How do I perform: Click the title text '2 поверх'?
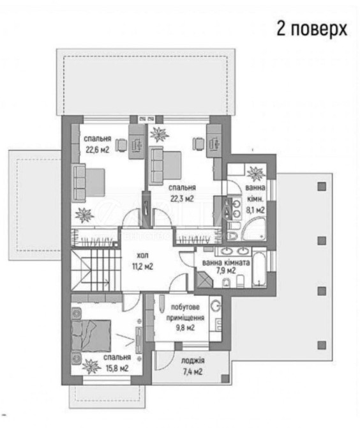coord(311,28)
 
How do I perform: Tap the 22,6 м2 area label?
coord(98,150)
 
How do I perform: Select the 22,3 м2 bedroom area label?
coord(182,199)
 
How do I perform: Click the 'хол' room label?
coord(142,256)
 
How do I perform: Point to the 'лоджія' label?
coord(193,360)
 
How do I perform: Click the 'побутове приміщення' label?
coord(185,312)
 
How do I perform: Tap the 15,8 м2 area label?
coord(117,369)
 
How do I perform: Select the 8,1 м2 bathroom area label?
coord(255,210)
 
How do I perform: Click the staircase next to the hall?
coord(96,270)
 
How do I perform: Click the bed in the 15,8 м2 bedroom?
coord(91,336)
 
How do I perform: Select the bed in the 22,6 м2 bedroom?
coord(88,182)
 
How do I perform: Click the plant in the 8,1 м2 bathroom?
coord(256,173)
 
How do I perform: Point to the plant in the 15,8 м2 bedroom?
coord(91,366)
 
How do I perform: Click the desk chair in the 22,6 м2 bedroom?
coord(121,144)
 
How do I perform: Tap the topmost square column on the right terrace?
coord(322,187)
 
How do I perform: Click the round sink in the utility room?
coord(216,305)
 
